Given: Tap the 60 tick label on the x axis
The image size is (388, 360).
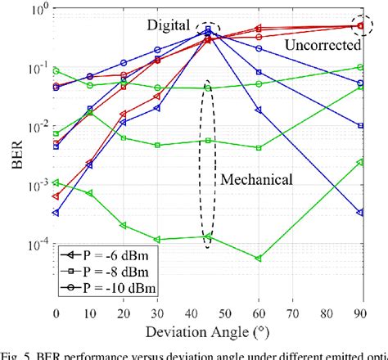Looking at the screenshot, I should (x=259, y=314).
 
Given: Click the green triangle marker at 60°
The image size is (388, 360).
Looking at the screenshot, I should (x=259, y=259).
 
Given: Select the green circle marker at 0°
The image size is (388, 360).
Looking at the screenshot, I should (x=56, y=71).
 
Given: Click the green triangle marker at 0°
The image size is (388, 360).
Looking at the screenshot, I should (x=56, y=182).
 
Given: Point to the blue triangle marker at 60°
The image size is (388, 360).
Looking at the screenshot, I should (x=259, y=110).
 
